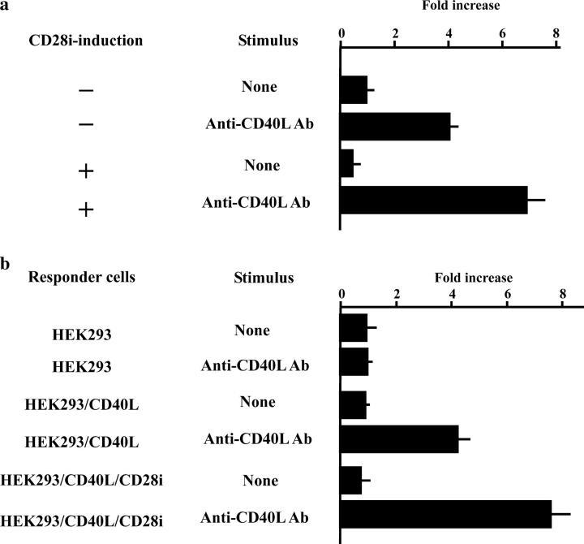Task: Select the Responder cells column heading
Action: pos(82,278)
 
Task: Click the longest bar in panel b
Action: pos(445,515)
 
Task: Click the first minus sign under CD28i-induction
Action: pos(86,90)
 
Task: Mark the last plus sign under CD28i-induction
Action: pos(86,209)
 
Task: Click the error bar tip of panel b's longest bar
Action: pos(570,514)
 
